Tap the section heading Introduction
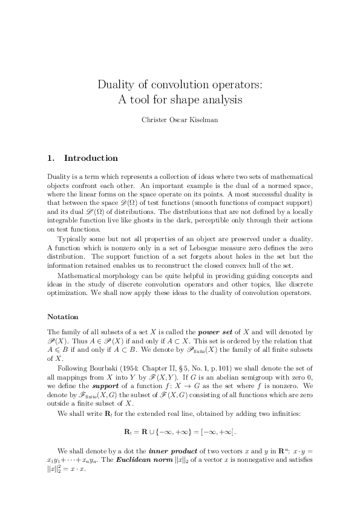(91, 158)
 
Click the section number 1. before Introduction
(51, 158)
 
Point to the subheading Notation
(64, 316)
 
